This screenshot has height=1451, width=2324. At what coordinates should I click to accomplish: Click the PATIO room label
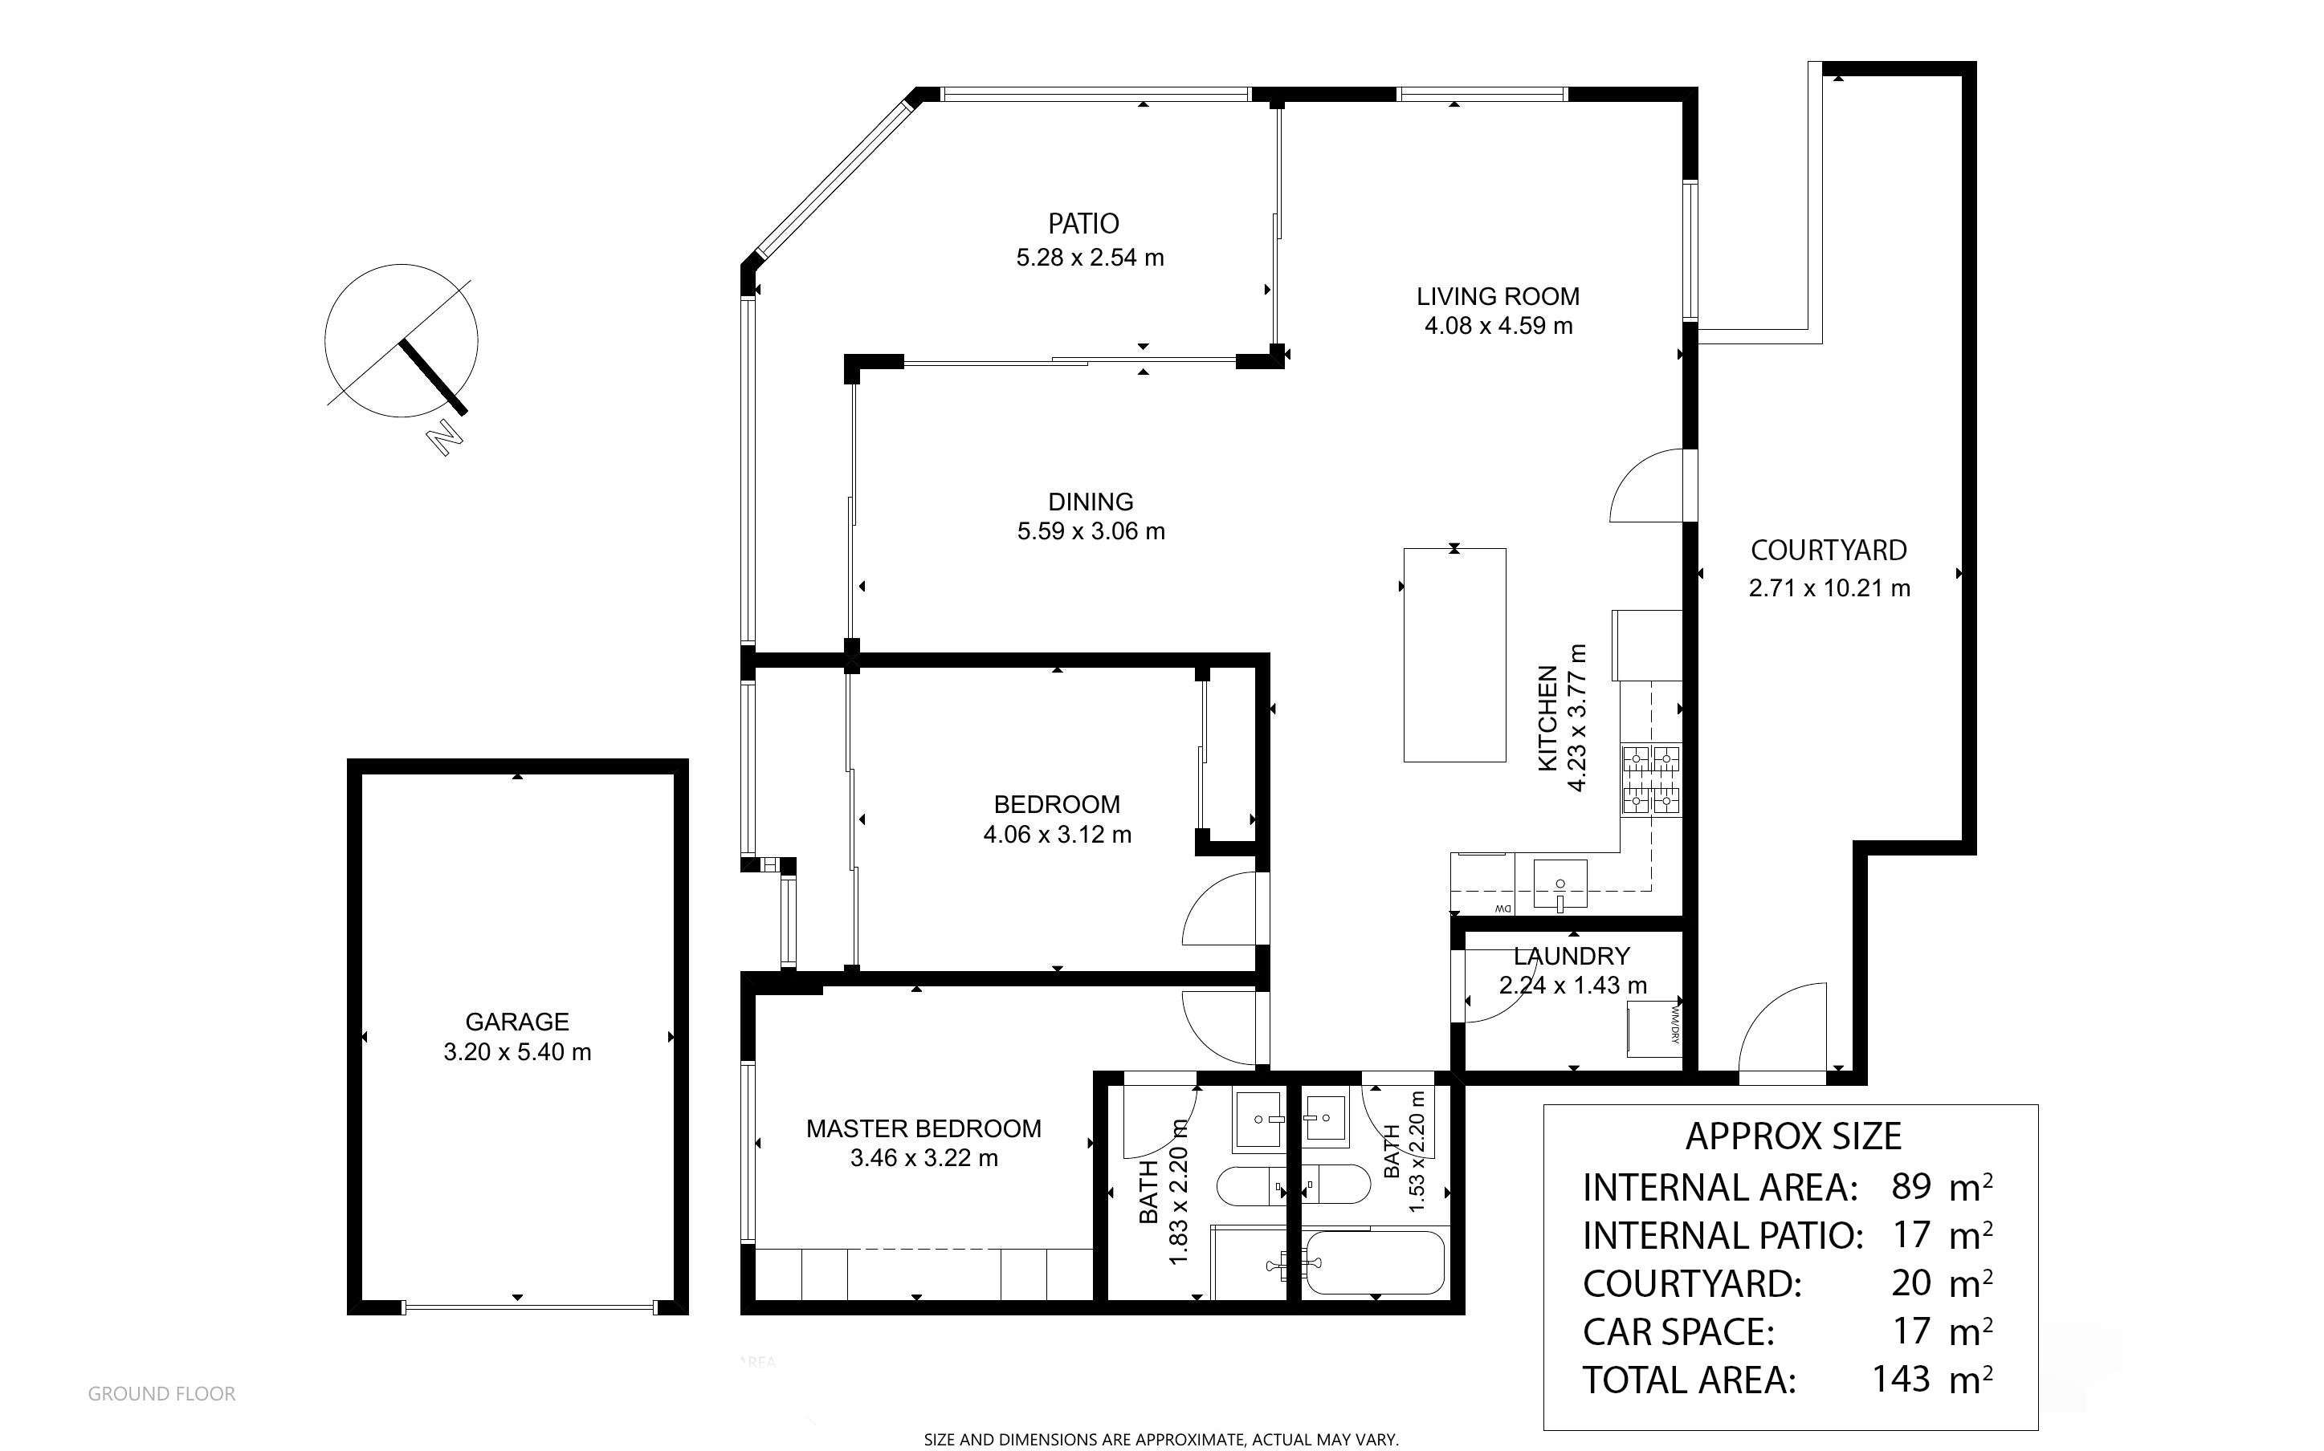1082,224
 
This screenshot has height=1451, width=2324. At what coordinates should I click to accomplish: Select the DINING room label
1091,502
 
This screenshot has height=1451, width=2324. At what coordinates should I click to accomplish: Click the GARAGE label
517,1022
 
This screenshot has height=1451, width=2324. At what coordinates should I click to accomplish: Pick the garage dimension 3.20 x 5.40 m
517,1053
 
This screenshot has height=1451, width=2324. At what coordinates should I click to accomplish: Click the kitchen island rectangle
1454,656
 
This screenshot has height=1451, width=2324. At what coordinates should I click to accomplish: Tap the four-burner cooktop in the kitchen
1651,780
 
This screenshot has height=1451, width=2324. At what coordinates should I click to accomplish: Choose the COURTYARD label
1829,551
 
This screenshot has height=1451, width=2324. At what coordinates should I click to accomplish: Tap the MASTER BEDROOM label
923,1128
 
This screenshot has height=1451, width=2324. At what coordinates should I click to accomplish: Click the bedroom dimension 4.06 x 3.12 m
1057,835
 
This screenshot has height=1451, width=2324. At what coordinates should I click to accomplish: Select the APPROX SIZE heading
1793,1137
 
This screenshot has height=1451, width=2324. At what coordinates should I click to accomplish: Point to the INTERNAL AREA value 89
1911,1187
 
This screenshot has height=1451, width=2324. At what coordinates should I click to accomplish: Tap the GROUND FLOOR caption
161,1394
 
